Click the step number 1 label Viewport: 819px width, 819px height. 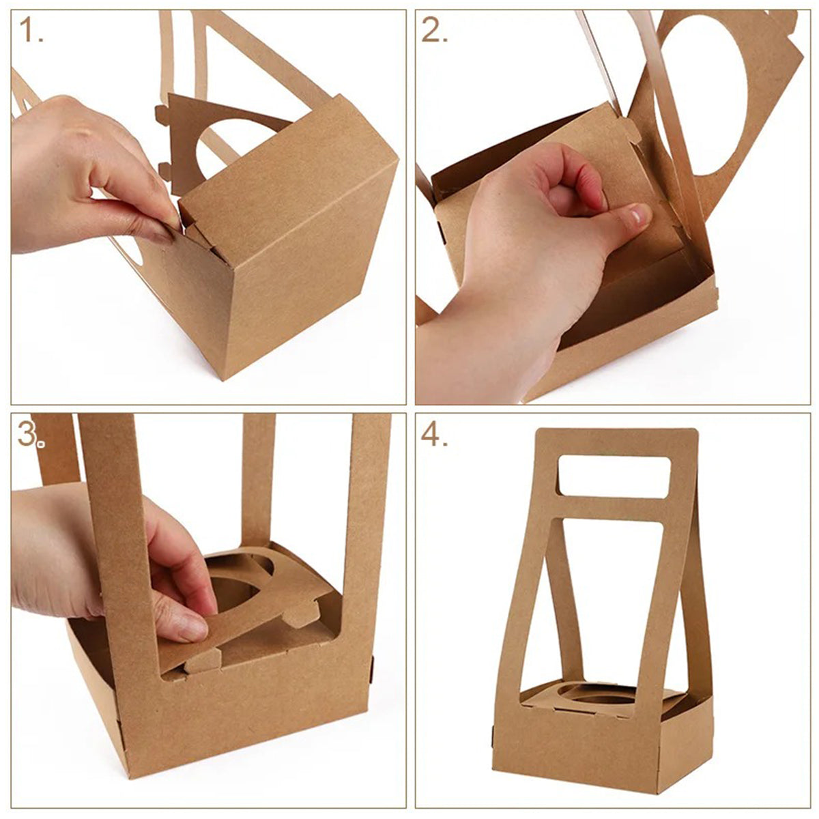tap(31, 31)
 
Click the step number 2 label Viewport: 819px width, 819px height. tap(435, 30)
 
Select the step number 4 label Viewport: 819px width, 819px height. tap(435, 435)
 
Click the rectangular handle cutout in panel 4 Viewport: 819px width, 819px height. tap(614, 474)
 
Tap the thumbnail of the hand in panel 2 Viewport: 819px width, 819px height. tap(638, 216)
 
